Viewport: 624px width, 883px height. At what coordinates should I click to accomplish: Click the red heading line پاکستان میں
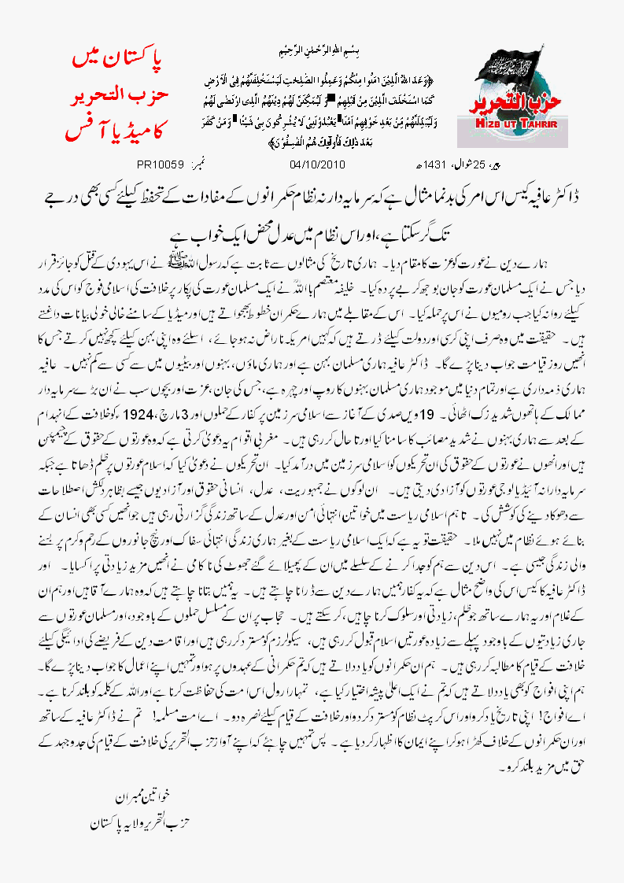tap(113, 59)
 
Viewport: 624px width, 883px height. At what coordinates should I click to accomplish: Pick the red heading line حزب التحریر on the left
tap(113, 93)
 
